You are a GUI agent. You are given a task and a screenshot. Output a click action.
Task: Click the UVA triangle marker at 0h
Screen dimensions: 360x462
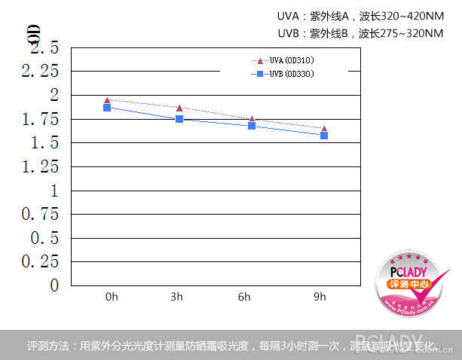pyautogui.click(x=107, y=99)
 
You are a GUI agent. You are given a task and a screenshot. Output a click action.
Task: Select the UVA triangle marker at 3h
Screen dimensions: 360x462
pyautogui.click(x=179, y=108)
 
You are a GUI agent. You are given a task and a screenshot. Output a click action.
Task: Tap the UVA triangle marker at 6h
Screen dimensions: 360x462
pyautogui.click(x=252, y=119)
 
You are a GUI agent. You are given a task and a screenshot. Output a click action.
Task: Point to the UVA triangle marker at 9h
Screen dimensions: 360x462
pyautogui.click(x=324, y=129)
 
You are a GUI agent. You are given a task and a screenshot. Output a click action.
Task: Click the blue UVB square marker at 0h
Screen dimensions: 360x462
pyautogui.click(x=107, y=108)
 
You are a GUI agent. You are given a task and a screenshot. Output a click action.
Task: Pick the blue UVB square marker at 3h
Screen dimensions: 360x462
pyautogui.click(x=179, y=119)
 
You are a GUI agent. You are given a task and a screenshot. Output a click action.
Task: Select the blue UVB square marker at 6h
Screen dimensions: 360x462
pyautogui.click(x=252, y=126)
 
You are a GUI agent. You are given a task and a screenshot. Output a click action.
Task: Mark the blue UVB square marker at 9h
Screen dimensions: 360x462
pyautogui.click(x=324, y=136)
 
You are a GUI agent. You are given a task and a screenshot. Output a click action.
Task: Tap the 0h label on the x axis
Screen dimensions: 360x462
pyautogui.click(x=112, y=297)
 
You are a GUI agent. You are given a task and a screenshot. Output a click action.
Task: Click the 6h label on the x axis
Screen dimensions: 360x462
pyautogui.click(x=244, y=297)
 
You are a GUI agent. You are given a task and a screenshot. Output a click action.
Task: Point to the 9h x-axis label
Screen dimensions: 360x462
pyautogui.click(x=320, y=297)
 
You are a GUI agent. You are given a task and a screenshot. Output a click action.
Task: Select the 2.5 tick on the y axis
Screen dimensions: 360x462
pyautogui.click(x=43, y=47)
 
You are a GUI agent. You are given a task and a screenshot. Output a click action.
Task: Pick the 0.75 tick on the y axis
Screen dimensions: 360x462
pyautogui.click(x=39, y=214)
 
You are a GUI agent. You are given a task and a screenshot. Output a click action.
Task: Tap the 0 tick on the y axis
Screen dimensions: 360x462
pyautogui.click(x=54, y=285)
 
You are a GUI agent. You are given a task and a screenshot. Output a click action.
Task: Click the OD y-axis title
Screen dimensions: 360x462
pyautogui.click(x=33, y=34)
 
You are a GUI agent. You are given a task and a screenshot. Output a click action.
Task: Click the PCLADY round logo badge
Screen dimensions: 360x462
pyautogui.click(x=407, y=284)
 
